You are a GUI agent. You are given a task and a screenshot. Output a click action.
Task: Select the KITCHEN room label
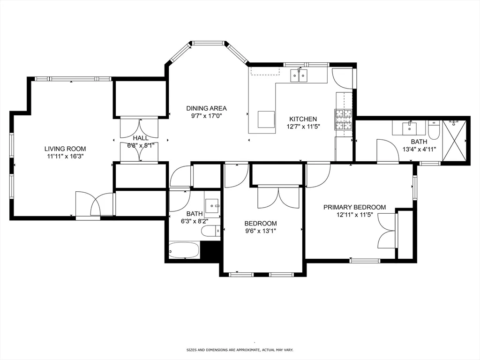[x=302, y=119]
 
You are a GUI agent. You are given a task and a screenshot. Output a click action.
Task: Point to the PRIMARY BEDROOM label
[x=354, y=207]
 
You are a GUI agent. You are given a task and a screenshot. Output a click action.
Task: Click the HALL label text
[x=141, y=138]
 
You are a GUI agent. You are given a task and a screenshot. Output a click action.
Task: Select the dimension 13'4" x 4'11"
[x=419, y=150]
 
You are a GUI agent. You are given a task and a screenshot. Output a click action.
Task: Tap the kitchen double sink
[x=299, y=75]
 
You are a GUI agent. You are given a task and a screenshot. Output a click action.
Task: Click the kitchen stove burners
[x=343, y=120]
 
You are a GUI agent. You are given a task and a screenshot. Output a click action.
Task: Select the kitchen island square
[x=266, y=119]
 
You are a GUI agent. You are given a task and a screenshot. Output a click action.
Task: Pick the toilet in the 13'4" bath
[x=434, y=130]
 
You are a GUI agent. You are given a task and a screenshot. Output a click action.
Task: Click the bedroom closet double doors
[x=278, y=197]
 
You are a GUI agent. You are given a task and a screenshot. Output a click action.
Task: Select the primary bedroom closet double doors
[x=387, y=231]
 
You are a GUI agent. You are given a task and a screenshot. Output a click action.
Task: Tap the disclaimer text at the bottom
[x=240, y=350]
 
